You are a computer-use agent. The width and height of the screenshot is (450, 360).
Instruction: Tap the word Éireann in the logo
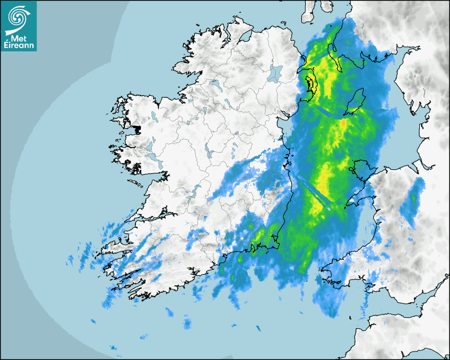tap(20, 46)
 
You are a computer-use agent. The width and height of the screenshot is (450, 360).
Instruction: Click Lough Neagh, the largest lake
tap(275, 73)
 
